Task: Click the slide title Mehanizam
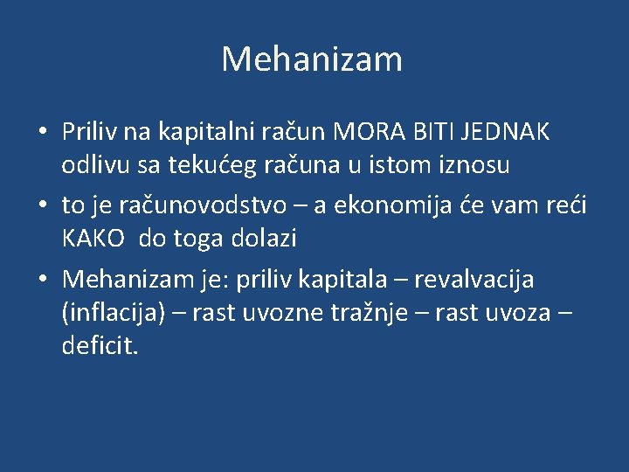point(312,59)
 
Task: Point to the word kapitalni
point(196,132)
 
